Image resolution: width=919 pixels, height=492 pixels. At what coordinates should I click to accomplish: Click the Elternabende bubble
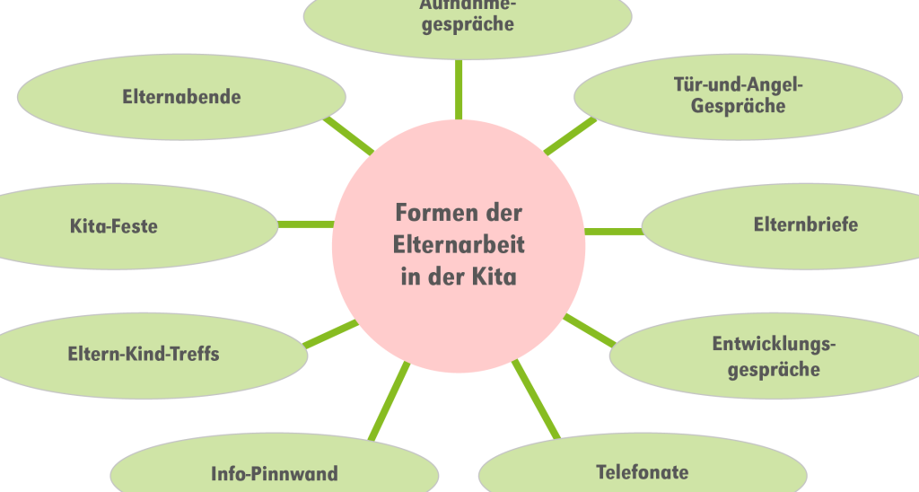point(181,97)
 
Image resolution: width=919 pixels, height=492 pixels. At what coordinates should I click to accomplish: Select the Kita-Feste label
point(114,226)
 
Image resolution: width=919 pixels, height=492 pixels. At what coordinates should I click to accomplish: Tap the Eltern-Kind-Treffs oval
point(144,354)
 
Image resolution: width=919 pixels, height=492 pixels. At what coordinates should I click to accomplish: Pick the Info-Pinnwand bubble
point(275,473)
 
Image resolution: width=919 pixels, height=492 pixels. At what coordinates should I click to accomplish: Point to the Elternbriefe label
point(805,224)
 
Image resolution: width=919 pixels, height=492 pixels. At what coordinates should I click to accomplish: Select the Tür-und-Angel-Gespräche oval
point(738,95)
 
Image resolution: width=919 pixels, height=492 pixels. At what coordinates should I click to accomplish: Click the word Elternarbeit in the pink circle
point(459,244)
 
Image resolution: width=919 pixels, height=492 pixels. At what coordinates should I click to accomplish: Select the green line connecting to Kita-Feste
point(305,224)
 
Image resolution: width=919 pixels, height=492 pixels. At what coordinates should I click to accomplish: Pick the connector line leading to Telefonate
point(535,400)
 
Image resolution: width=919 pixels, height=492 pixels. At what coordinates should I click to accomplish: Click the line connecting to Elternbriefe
point(614,232)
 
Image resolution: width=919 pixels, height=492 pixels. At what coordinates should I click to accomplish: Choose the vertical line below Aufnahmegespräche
point(459,90)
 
